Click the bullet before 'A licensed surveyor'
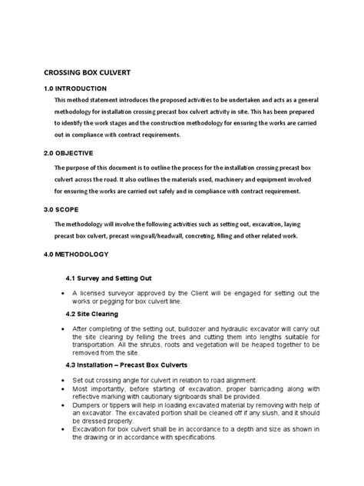coord(61,295)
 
